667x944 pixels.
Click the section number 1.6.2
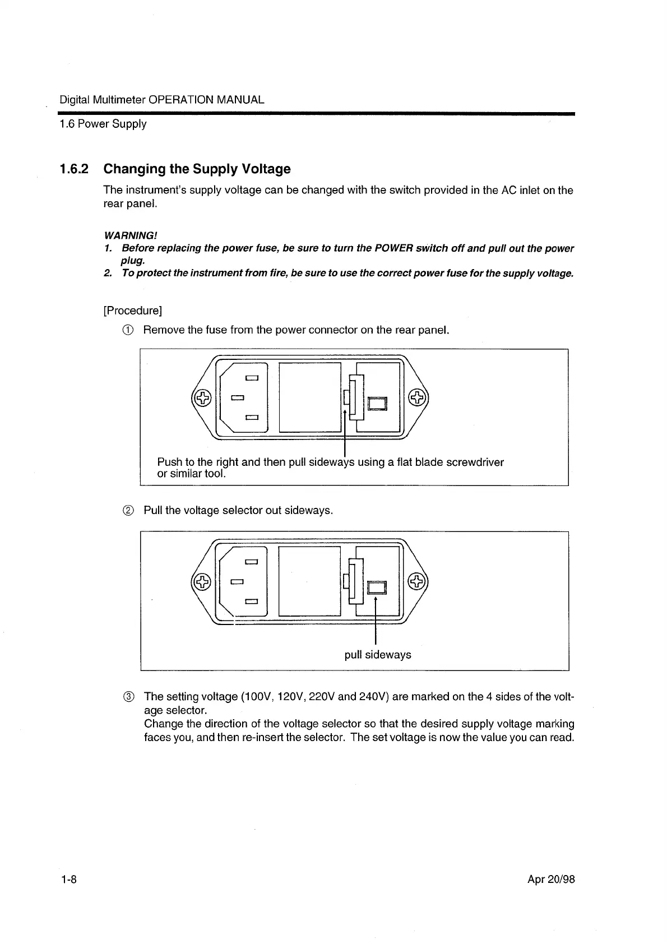[74, 169]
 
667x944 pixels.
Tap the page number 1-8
[68, 879]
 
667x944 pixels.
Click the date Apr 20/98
[551, 879]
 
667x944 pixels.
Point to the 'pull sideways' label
[378, 655]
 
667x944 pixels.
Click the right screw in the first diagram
[416, 398]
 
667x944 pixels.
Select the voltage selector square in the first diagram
[377, 404]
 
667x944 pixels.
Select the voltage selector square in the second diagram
[377, 587]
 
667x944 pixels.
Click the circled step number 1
[128, 330]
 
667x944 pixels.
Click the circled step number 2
[128, 511]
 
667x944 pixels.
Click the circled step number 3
[128, 697]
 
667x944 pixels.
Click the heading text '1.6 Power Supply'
[103, 124]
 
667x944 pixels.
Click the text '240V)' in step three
[374, 697]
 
